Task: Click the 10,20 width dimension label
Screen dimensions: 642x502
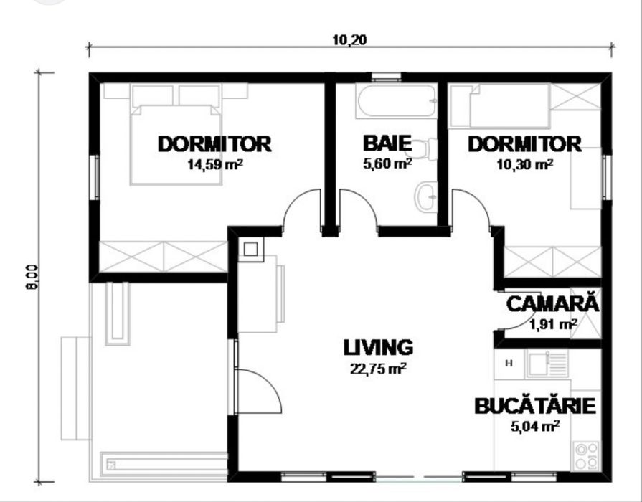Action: click(349, 39)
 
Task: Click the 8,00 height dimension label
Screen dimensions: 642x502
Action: click(32, 278)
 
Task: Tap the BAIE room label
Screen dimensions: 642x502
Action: click(387, 143)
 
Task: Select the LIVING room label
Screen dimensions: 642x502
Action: click(378, 347)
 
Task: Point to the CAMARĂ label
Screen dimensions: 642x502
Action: click(552, 304)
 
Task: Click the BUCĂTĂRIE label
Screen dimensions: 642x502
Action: click(534, 406)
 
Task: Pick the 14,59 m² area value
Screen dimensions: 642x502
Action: click(215, 164)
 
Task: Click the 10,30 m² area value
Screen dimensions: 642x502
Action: click(525, 164)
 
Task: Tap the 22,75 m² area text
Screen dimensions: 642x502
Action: click(378, 369)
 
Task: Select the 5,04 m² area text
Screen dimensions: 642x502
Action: click(534, 426)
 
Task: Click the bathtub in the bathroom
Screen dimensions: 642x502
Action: click(397, 101)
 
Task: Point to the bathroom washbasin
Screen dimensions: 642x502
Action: click(426, 197)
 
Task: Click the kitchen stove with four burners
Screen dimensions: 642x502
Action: click(586, 455)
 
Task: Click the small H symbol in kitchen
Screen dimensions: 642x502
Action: click(509, 363)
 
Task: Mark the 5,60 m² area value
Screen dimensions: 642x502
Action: click(387, 164)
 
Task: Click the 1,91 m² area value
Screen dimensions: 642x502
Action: click(553, 324)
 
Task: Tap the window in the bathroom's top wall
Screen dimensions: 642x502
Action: click(387, 77)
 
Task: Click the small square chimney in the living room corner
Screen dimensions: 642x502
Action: click(251, 249)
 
